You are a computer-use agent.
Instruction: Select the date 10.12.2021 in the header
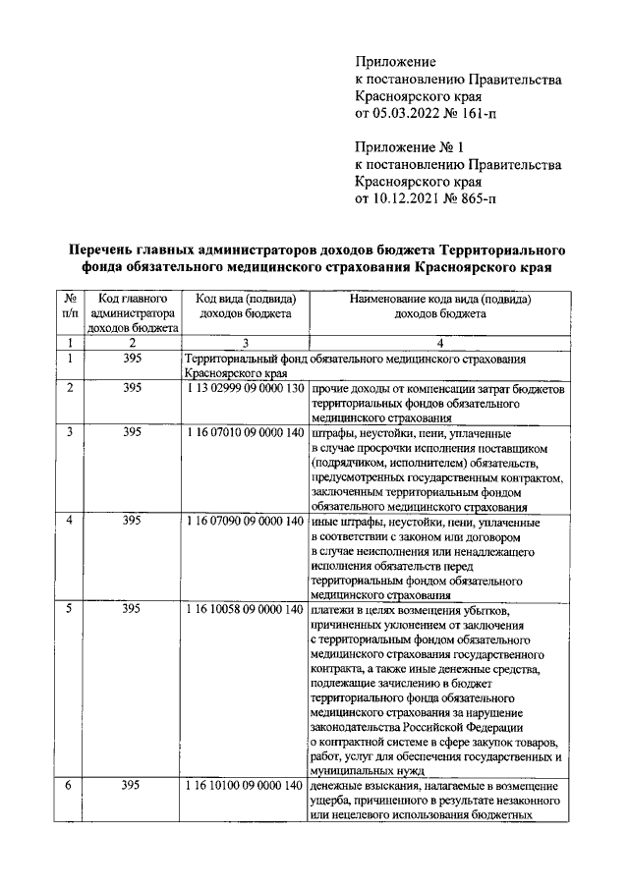[x=406, y=199]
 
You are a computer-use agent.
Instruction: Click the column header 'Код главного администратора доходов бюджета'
[x=133, y=313]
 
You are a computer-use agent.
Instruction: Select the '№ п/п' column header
[x=71, y=306]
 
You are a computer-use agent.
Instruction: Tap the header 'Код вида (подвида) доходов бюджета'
[x=245, y=306]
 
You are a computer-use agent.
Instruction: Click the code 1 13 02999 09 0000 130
[x=245, y=389]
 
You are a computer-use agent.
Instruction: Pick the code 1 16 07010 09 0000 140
[x=245, y=431]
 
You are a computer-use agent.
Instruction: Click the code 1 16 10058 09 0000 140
[x=245, y=610]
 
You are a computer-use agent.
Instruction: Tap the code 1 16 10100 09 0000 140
[x=245, y=787]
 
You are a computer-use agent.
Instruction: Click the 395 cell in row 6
[x=133, y=787]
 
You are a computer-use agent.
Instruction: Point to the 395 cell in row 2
[x=133, y=389]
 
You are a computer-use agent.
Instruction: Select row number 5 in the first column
[x=70, y=610]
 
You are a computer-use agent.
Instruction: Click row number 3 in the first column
[x=70, y=431]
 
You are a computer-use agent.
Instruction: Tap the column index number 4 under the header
[x=439, y=343]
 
